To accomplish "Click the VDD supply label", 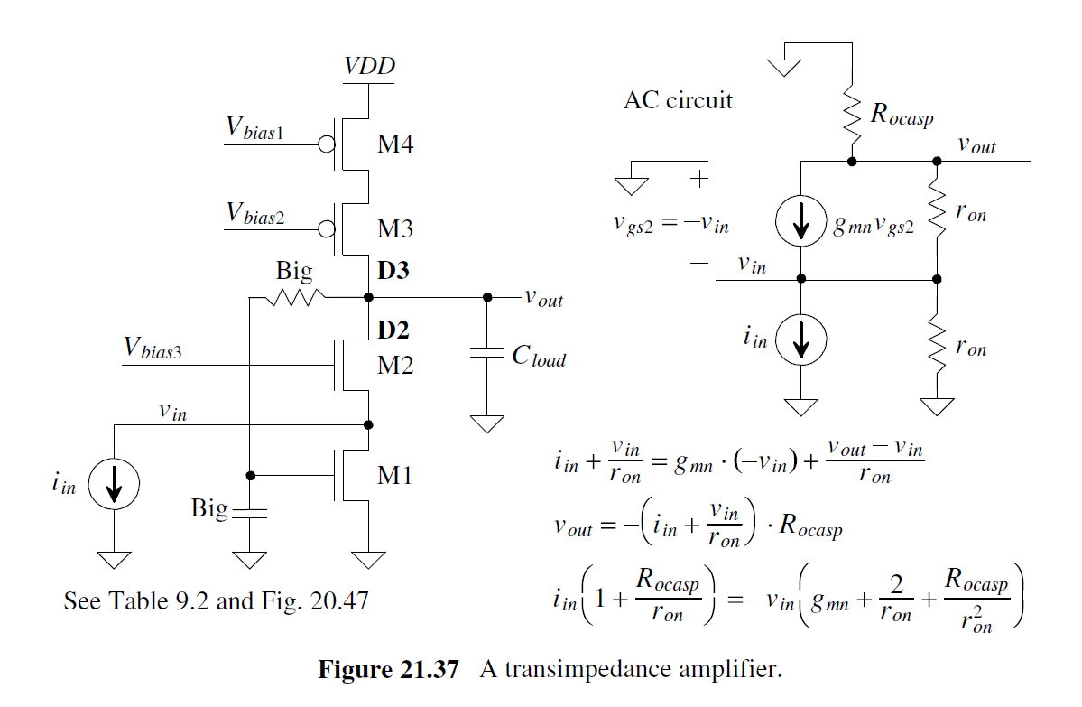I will pos(369,67).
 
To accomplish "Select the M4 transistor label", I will pos(395,144).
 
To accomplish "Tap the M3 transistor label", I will pos(395,228).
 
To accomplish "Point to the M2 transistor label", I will pos(395,366).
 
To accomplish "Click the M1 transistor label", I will pos(394,474).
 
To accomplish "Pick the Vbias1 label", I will pos(255,131).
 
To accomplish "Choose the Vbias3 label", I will pos(153,349).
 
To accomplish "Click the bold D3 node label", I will pos(393,268).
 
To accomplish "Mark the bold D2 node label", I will pos(393,330).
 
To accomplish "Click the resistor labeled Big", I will pos(291,296).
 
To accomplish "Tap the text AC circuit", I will pos(678,100).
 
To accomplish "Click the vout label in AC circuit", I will pos(976,145).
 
